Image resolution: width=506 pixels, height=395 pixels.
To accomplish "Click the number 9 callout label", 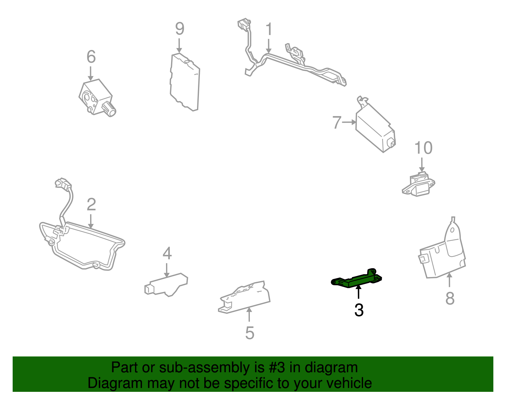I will coord(180,29).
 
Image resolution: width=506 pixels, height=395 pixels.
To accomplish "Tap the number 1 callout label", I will coord(269,29).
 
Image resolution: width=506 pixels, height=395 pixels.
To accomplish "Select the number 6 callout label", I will coord(91,57).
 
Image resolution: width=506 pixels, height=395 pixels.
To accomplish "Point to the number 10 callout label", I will coord(423,148).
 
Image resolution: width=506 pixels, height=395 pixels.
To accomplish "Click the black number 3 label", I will coord(359,310).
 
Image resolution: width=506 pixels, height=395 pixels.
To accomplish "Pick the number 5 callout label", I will coord(250,333).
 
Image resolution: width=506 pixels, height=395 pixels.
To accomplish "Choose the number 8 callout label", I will coord(450,298).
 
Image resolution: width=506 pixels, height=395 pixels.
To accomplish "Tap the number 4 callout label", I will coord(167,253).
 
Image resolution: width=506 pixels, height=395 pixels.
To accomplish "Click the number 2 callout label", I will coord(91,205).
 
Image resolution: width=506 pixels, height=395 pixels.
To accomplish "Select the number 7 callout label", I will coord(337,122).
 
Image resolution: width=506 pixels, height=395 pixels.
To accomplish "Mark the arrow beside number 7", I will coord(349,122).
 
